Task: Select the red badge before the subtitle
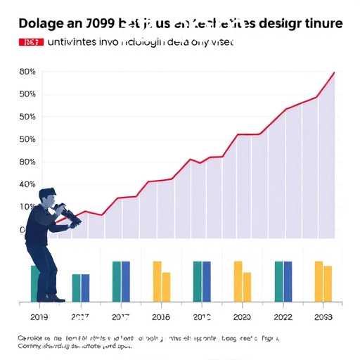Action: point(29,42)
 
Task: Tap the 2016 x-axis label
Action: point(161,317)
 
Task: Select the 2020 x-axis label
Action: point(242,317)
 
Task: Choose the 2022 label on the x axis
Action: point(283,317)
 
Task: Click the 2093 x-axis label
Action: point(323,317)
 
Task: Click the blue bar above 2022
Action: point(288,281)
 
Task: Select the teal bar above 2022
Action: point(279,281)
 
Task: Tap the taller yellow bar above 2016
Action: point(157,281)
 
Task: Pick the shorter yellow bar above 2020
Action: point(247,287)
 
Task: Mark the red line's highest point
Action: point(334,72)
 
